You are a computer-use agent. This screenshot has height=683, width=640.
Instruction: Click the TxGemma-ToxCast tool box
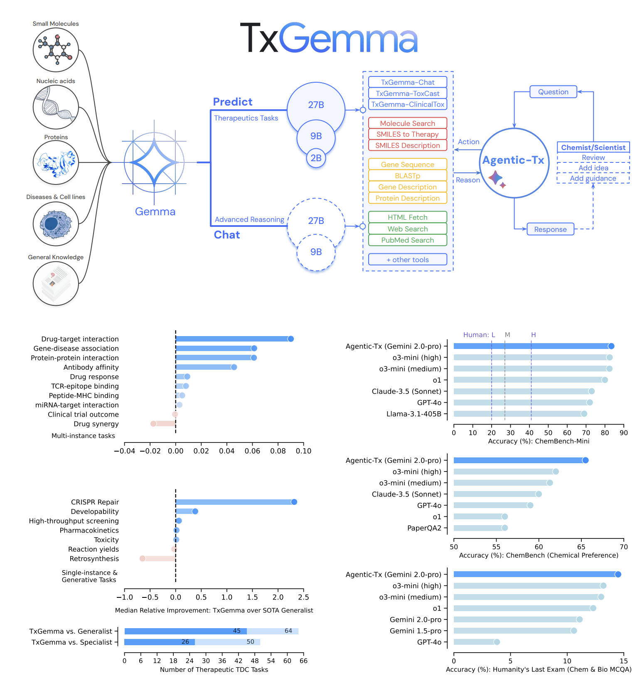407,93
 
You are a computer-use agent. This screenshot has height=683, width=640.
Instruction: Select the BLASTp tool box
407,176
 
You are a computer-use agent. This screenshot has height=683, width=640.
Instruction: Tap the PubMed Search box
407,240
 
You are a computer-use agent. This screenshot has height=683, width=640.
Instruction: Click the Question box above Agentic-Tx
553,92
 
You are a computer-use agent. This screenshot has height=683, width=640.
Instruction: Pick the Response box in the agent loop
550,229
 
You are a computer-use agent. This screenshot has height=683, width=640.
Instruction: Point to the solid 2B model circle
316,158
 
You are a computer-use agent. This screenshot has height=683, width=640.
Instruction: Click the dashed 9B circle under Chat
316,252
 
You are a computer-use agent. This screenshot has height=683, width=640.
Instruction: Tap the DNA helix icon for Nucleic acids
56,107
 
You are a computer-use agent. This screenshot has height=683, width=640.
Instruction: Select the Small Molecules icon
56,49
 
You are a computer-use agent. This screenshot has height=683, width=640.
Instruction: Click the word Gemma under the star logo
155,211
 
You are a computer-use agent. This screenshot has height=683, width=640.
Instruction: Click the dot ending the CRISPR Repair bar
294,502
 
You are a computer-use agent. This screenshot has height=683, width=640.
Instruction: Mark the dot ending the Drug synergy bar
153,424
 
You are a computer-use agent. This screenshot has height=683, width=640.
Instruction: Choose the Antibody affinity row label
91,367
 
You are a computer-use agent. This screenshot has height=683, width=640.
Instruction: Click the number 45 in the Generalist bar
237,631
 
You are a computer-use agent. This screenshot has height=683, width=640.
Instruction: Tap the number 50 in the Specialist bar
250,642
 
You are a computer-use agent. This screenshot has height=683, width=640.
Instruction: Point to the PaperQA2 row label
424,528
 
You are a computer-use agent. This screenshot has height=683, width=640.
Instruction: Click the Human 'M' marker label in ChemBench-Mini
507,335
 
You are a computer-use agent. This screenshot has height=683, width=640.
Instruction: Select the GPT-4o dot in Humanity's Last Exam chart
497,642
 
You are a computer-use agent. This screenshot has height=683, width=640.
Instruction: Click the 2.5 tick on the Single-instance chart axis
303,597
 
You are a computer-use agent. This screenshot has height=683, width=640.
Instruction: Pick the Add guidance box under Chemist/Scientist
593,179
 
